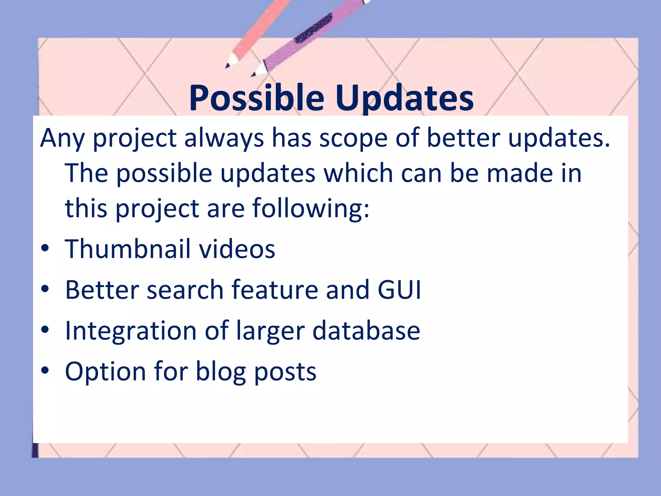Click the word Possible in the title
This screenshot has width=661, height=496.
(257, 98)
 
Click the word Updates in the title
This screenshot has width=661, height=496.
(404, 98)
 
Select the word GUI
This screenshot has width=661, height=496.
(399, 290)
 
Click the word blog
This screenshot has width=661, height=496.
(221, 371)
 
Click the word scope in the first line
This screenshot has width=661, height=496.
(353, 138)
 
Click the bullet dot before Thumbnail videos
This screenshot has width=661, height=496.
(45, 248)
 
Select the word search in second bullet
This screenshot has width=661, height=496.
(185, 290)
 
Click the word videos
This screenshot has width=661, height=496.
(237, 249)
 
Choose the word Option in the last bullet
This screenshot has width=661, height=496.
(106, 371)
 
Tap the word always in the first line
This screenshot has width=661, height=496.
(224, 138)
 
